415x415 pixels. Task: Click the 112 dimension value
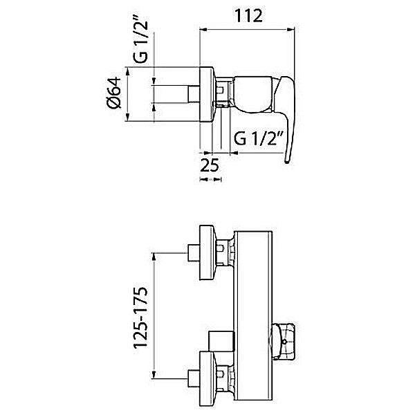click(248, 16)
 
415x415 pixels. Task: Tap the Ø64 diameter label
click(114, 93)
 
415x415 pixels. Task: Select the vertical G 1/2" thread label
click(140, 42)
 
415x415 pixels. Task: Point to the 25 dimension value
click(210, 165)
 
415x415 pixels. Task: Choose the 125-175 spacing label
click(140, 317)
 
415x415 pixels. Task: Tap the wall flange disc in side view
click(206, 94)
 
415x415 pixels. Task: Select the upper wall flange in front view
click(207, 252)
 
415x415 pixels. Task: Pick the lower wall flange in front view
click(207, 379)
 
